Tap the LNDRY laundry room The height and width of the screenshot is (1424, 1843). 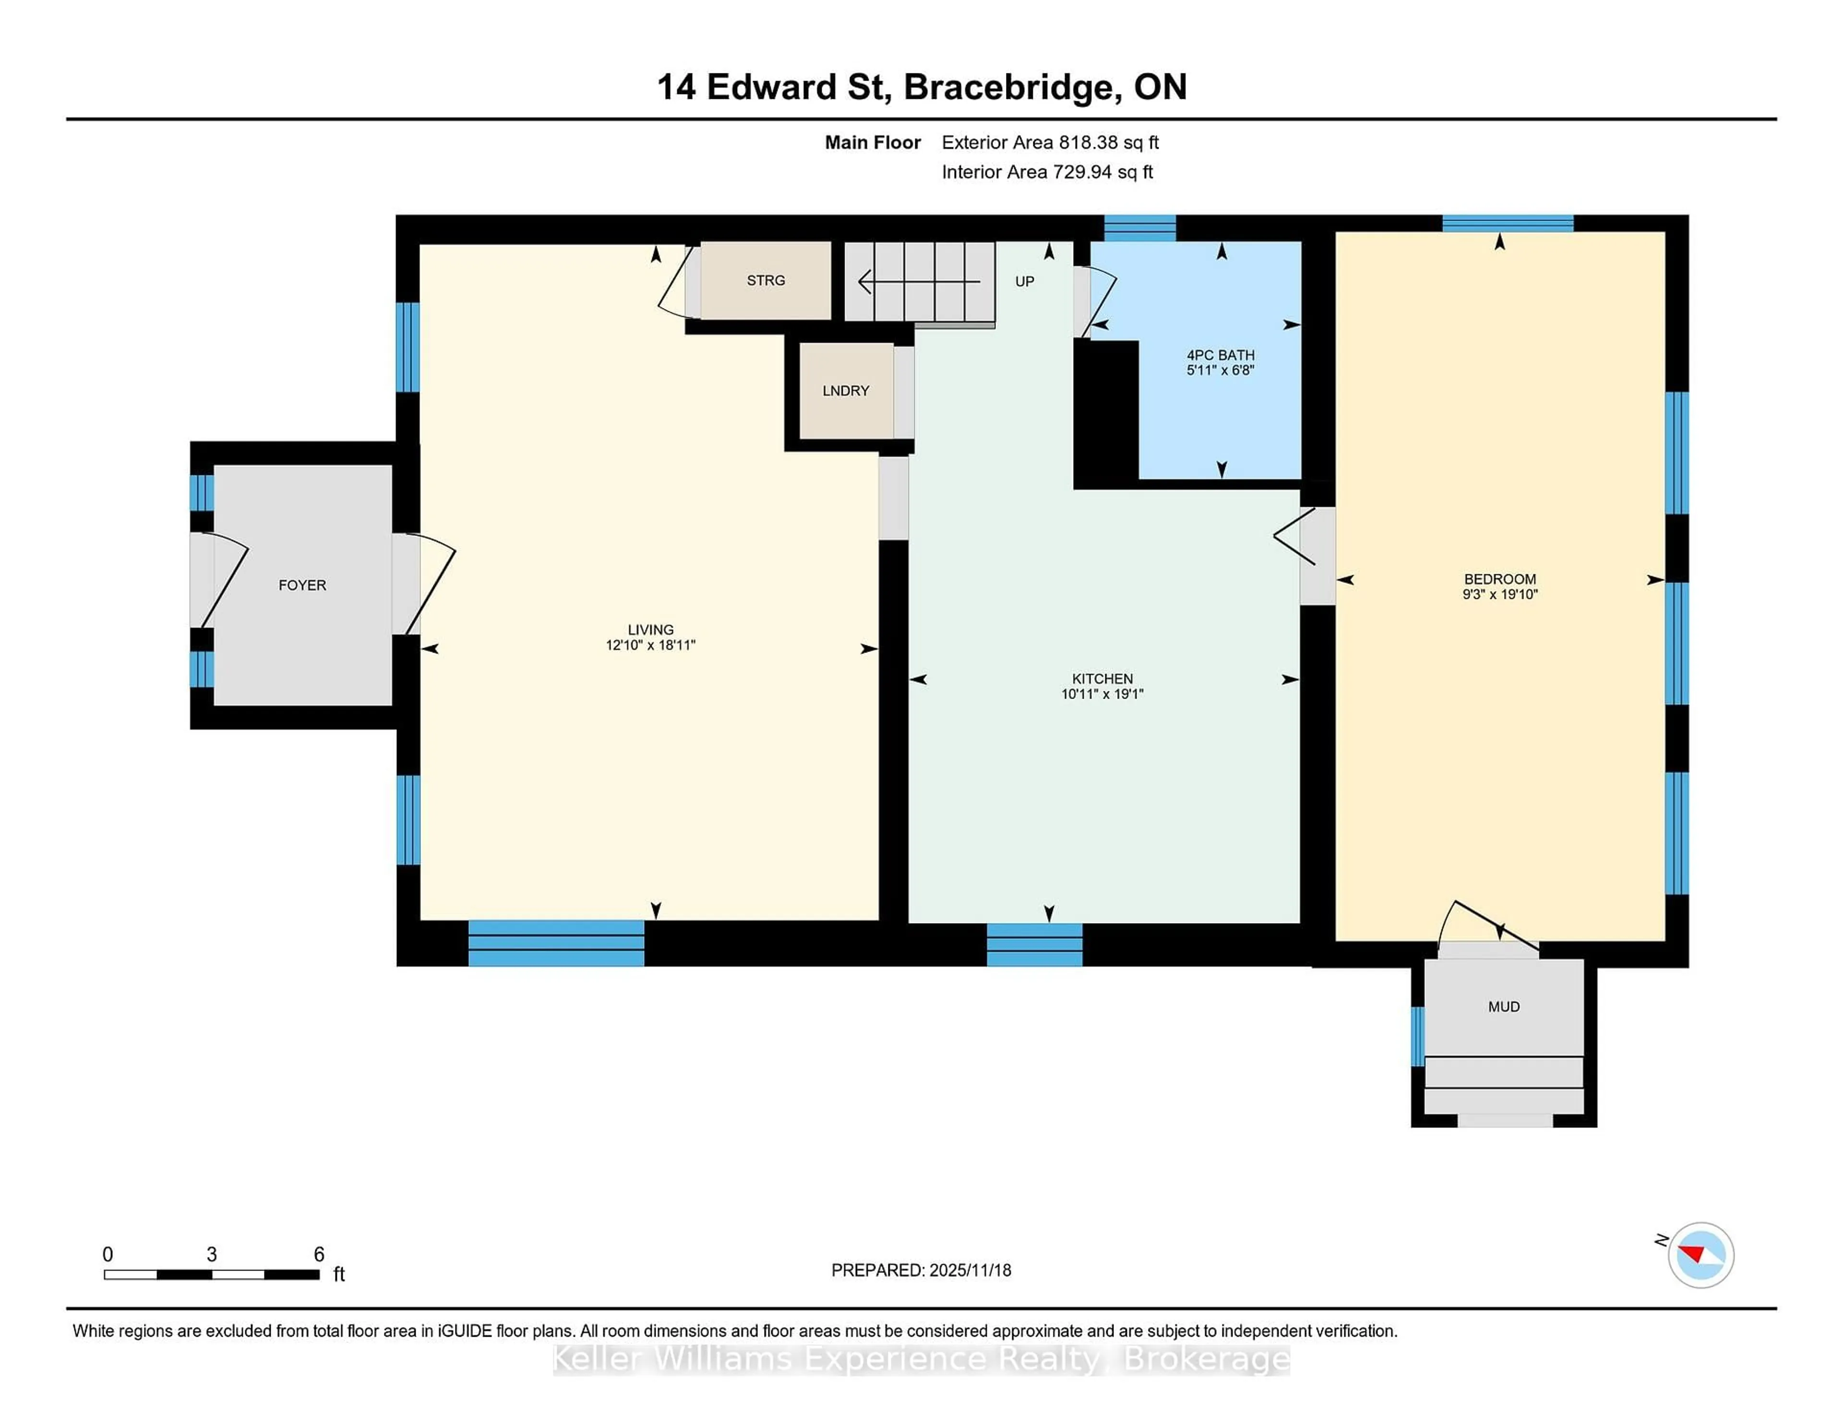click(846, 391)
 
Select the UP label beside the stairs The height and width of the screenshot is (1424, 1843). click(1025, 282)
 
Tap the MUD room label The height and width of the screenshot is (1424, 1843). click(1504, 1007)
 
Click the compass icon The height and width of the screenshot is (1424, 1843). click(1700, 1255)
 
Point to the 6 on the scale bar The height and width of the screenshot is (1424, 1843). click(319, 1255)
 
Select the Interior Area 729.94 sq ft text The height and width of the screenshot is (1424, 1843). click(1047, 172)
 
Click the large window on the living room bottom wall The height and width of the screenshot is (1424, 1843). click(556, 943)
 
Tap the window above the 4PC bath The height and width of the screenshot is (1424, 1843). click(1139, 228)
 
